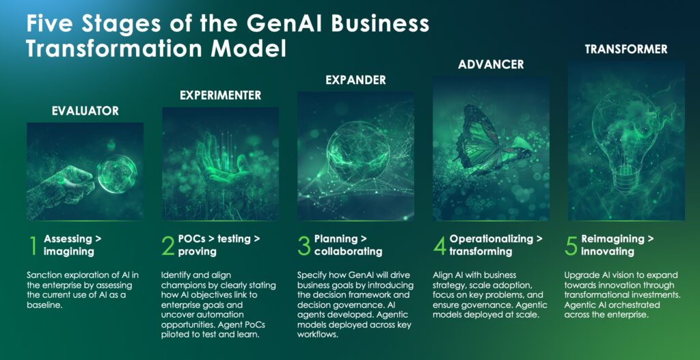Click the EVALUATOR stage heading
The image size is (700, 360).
[85, 111]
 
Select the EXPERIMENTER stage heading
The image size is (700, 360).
[221, 95]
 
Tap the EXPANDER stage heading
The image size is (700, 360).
[355, 80]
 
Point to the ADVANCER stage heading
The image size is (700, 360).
[491, 65]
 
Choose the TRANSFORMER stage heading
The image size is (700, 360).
[626, 49]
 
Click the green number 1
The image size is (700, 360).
[33, 246]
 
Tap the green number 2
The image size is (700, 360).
[168, 246]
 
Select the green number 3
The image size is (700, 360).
[304, 246]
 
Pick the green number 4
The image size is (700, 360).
[440, 246]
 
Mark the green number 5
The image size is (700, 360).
[571, 246]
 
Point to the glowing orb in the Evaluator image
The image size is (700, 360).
[117, 174]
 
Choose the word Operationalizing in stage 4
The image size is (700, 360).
[491, 238]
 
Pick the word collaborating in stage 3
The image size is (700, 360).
[348, 251]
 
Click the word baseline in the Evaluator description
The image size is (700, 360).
[42, 305]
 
